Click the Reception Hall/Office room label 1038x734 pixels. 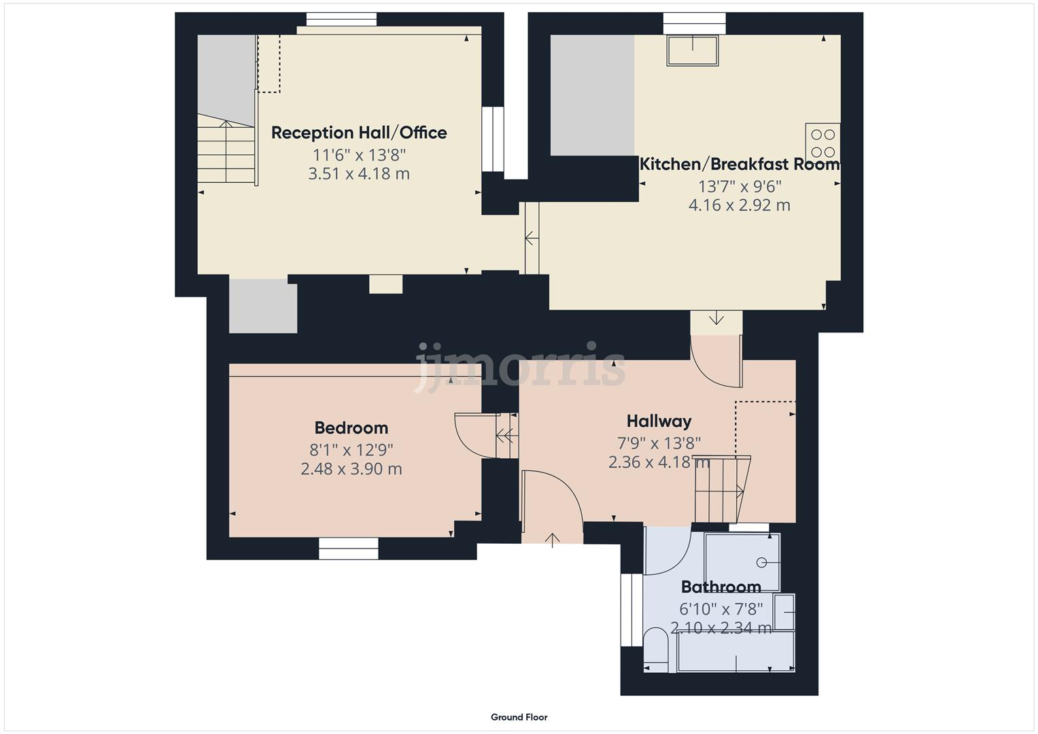(x=359, y=133)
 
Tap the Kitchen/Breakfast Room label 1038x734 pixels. (x=740, y=164)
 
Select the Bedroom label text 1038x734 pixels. (x=351, y=428)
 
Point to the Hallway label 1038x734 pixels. (x=659, y=421)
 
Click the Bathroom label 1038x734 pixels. (x=721, y=587)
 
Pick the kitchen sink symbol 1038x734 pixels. (x=693, y=51)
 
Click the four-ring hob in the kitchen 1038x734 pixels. (x=823, y=143)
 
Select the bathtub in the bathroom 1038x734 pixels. (x=736, y=651)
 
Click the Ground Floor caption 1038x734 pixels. (x=519, y=717)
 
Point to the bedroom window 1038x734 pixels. (x=349, y=548)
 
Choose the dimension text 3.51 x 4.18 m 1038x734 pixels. (x=359, y=174)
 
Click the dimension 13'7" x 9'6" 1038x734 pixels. (x=740, y=186)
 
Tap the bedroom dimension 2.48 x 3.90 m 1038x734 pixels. (x=351, y=469)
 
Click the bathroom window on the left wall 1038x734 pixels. (x=627, y=610)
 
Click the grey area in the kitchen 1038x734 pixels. (x=591, y=95)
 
